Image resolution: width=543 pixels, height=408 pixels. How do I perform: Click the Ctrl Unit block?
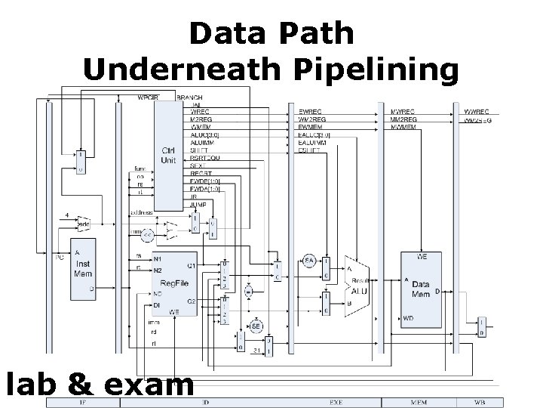[x=168, y=155]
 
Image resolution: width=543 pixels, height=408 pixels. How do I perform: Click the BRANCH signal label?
[x=189, y=97]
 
